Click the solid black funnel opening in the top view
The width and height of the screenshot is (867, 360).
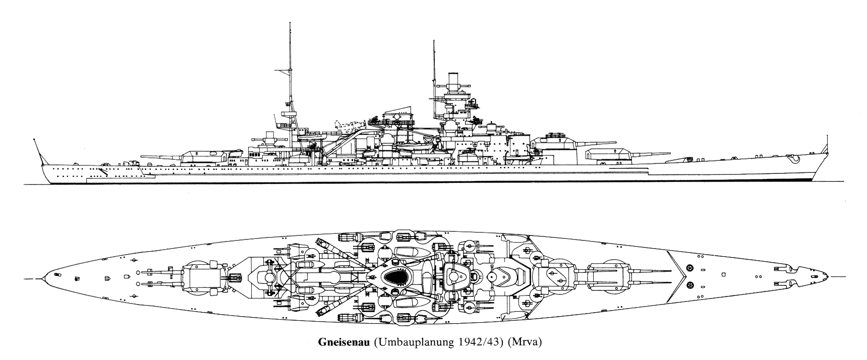396,276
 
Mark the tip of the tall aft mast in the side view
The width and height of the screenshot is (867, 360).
290,23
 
